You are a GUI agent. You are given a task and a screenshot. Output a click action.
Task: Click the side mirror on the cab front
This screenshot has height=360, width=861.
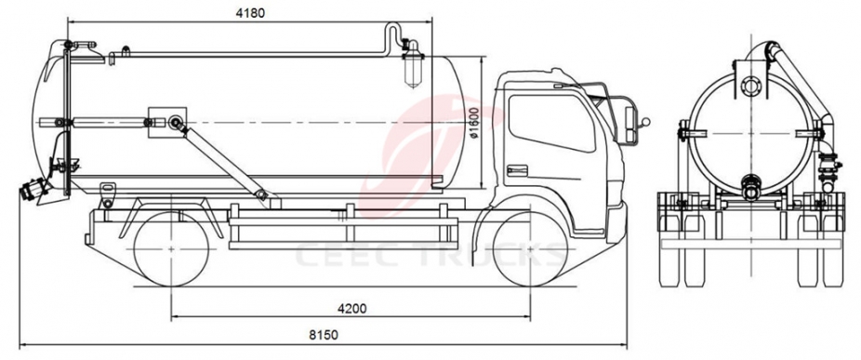click(x=640, y=118)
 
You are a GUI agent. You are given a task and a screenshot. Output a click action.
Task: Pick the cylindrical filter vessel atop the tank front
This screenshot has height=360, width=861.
click(x=410, y=67)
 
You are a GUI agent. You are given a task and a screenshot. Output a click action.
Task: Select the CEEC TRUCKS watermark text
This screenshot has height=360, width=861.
click(x=428, y=254)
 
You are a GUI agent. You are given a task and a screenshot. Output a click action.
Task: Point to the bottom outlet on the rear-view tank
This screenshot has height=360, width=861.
click(x=748, y=182)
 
